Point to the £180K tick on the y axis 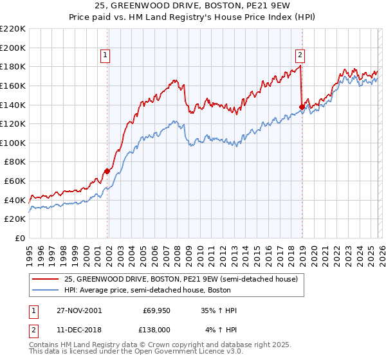click(x=14, y=66)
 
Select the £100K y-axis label click(x=14, y=143)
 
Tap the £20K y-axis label click(x=15, y=219)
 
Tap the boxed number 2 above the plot click(x=300, y=55)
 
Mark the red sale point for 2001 click(x=107, y=172)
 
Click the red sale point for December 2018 click(x=301, y=107)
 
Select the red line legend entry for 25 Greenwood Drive click(x=180, y=280)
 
